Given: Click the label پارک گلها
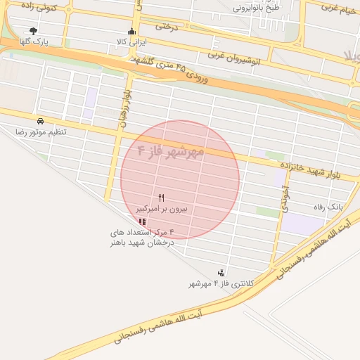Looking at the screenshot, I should [x=33, y=42].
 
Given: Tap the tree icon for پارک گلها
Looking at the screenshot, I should [x=33, y=31].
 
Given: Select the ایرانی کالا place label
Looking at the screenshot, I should [x=132, y=42].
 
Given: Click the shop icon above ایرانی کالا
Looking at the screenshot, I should [x=131, y=31].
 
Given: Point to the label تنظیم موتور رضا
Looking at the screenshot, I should [x=40, y=132].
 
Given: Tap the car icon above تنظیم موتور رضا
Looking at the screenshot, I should [x=40, y=121].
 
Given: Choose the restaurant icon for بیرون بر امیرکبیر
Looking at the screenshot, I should [x=162, y=198].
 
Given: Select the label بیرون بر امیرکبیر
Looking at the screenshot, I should [x=162, y=210].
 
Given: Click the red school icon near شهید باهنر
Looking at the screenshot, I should [x=143, y=221].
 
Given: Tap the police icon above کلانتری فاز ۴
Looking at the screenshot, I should [x=221, y=273].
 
